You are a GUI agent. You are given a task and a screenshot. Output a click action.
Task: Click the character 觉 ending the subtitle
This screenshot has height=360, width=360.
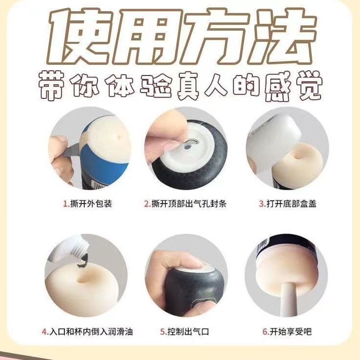308,87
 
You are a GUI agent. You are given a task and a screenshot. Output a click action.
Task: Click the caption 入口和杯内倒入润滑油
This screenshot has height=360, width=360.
91,332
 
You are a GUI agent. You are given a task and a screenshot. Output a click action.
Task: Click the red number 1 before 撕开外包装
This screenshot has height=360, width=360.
65,204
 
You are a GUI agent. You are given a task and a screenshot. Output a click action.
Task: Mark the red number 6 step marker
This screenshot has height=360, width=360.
265,332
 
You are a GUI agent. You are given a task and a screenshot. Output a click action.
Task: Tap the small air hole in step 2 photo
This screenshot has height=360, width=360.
189,143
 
